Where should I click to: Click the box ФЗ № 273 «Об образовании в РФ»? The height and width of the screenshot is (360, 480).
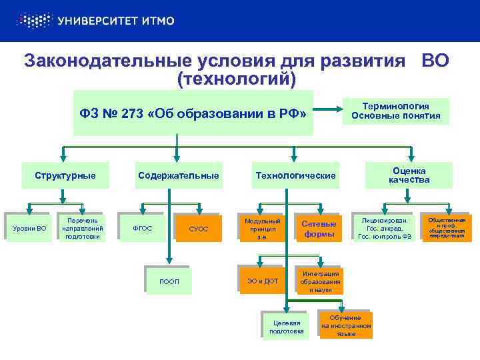(x=193, y=113)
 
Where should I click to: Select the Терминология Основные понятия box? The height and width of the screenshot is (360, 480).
(x=396, y=111)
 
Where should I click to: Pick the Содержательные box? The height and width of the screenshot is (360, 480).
(x=178, y=176)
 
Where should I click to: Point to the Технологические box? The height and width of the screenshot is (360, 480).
(x=294, y=176)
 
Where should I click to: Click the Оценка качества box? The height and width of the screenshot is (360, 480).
(x=409, y=175)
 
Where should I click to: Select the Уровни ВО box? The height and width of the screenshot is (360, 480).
(x=30, y=228)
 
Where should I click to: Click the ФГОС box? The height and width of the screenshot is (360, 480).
(x=143, y=229)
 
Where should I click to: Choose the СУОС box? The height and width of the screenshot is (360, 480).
(x=198, y=229)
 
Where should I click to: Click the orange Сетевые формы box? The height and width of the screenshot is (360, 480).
(x=319, y=229)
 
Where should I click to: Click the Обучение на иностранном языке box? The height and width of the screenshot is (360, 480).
(x=346, y=325)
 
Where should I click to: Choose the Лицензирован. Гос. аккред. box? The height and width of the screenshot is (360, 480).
(x=388, y=228)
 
